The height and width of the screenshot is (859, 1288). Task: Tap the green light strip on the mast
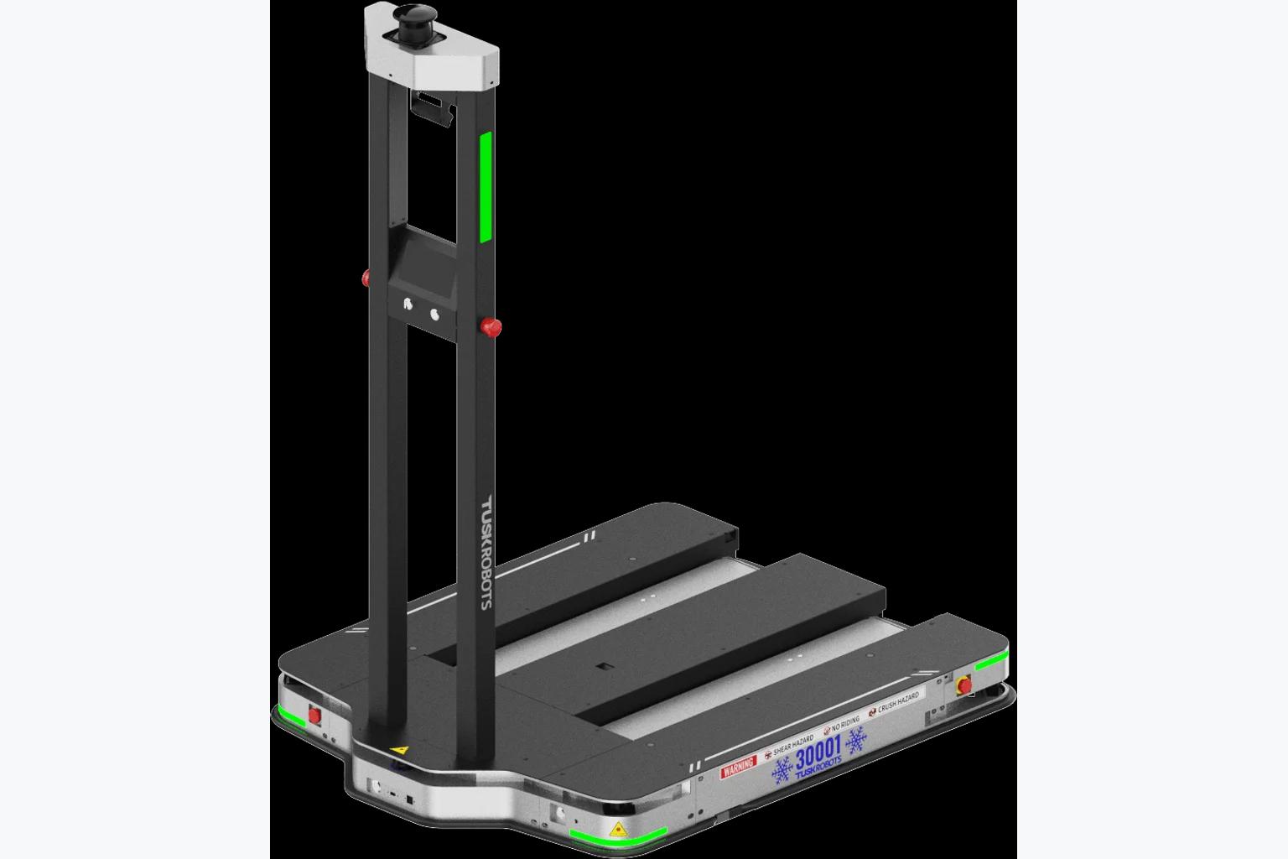[x=486, y=187]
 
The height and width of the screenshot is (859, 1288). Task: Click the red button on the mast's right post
[x=491, y=327]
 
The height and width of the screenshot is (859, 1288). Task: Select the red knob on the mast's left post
[x=366, y=279]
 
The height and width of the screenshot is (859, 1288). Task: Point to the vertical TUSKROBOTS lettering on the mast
[x=486, y=552]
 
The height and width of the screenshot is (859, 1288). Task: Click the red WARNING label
[x=738, y=767]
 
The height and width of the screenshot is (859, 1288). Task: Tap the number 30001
[x=818, y=752]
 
